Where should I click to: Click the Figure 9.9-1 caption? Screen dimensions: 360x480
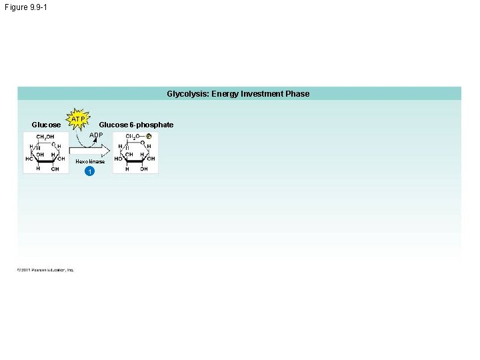(x=25, y=7)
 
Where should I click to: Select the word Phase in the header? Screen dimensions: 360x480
(x=297, y=94)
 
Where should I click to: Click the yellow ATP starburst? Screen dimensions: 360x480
(x=79, y=119)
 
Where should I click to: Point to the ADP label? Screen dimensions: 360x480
(x=96, y=135)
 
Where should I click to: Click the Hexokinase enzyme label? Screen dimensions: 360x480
(x=89, y=162)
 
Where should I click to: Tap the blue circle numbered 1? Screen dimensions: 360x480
(x=89, y=172)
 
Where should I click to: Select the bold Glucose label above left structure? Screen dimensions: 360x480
(x=46, y=125)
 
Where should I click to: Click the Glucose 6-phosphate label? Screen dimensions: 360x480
(x=136, y=125)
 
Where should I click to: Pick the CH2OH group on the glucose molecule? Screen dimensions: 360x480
(x=45, y=137)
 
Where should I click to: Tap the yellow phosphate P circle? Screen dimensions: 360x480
(x=149, y=137)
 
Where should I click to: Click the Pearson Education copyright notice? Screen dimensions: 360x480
(x=45, y=270)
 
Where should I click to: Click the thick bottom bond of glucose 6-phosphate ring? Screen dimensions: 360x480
(x=135, y=161)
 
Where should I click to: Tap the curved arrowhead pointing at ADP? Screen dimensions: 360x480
(x=95, y=140)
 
